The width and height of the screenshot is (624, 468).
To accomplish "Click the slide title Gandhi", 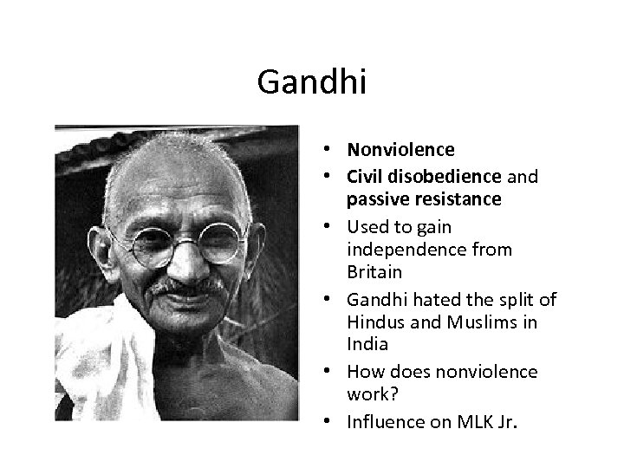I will pos(312,83).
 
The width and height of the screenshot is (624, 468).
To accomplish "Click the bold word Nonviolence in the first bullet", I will pos(400,150).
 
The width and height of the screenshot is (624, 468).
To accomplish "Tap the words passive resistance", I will pos(424,199).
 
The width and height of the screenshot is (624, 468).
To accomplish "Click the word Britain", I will pos(374,272).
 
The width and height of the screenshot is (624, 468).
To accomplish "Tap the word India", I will pos(366,345).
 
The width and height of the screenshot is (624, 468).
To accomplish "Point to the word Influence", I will pos(382,422).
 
